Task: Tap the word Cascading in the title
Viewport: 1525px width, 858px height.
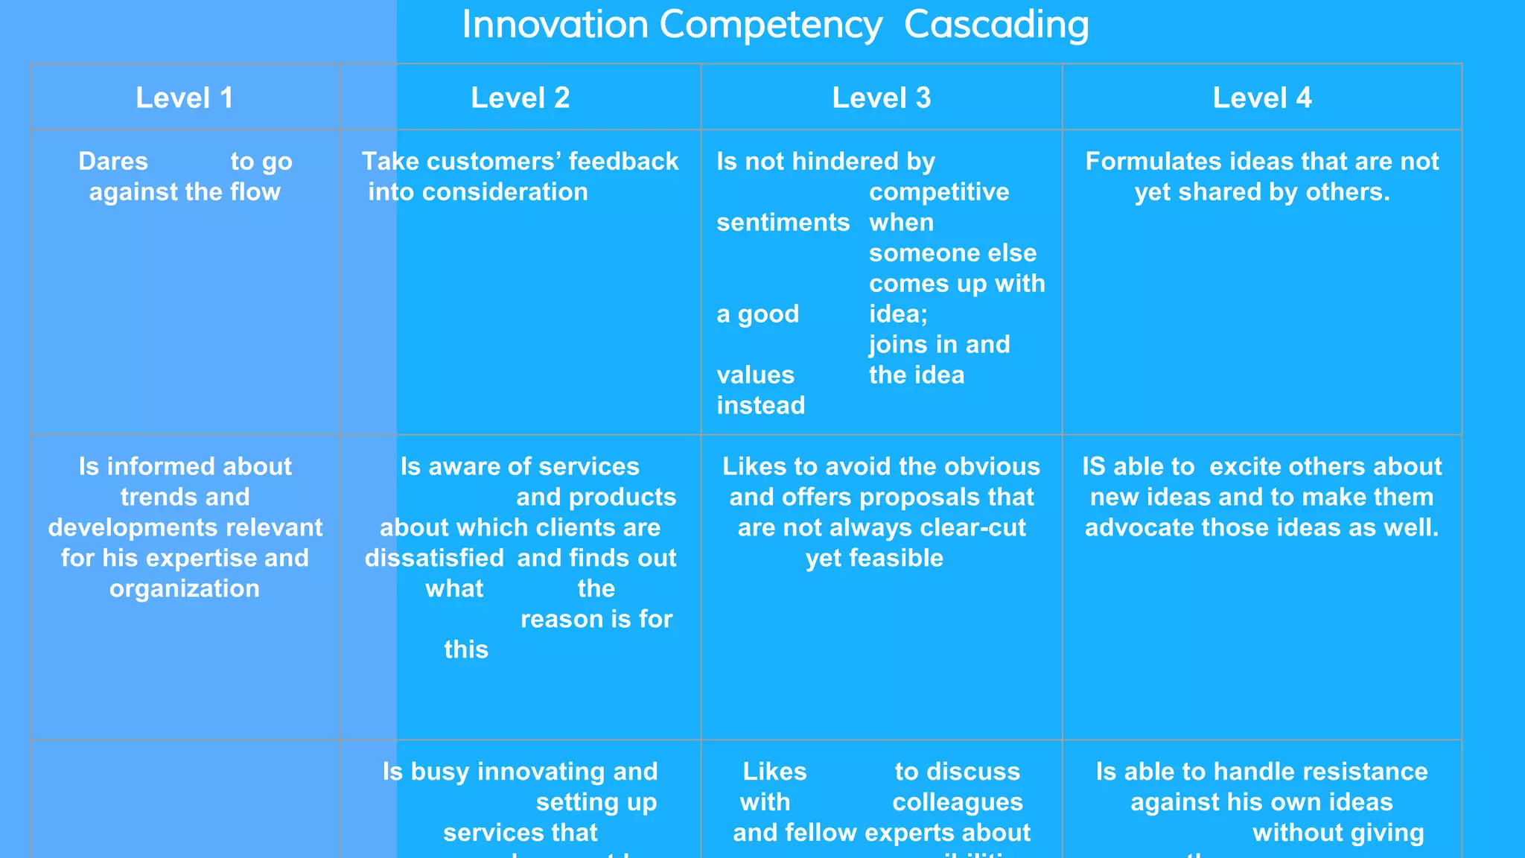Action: pos(996,25)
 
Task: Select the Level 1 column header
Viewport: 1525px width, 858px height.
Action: pos(185,98)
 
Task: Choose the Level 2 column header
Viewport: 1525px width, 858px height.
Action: pos(520,98)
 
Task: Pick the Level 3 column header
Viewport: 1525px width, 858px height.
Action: pos(881,98)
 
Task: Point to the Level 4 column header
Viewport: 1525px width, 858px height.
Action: pos(1261,98)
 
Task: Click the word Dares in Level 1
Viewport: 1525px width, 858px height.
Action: pos(113,162)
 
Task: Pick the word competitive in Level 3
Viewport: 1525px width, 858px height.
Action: pos(939,192)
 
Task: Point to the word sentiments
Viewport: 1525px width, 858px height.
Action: pos(783,223)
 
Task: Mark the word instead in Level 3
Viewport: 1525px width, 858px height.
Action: pos(760,406)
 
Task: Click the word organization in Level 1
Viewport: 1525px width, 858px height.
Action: pos(185,589)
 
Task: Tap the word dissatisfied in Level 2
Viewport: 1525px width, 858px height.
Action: pos(434,559)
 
